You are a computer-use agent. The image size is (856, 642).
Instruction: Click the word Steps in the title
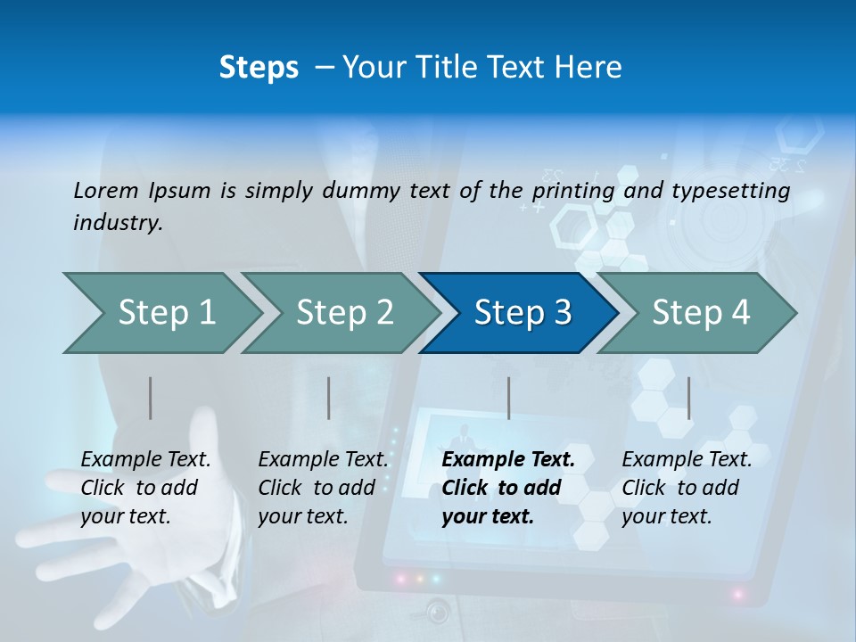(259, 68)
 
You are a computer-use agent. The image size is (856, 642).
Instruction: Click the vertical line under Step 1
(151, 398)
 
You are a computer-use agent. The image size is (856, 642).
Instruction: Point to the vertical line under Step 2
(329, 398)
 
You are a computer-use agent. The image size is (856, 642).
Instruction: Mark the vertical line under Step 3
(508, 398)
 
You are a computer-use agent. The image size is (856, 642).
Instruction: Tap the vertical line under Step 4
(688, 398)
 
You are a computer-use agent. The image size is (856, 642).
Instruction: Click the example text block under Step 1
(145, 488)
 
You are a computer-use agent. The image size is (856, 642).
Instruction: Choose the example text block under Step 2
(323, 488)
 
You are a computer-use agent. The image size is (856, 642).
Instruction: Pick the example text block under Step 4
(687, 488)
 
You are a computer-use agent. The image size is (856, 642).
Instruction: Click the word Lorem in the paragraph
(106, 190)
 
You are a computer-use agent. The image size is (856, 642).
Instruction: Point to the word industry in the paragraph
(118, 222)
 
